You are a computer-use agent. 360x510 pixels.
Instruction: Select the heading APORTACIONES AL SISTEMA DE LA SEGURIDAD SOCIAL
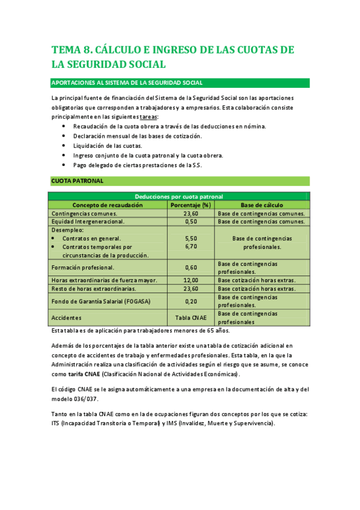tap(127, 83)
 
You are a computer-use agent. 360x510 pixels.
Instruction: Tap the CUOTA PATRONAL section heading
tap(78, 180)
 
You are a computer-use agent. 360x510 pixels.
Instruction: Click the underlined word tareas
tap(148, 117)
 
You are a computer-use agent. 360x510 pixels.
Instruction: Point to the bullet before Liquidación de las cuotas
tap(64, 146)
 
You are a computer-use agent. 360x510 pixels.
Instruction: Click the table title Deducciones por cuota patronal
tap(178, 197)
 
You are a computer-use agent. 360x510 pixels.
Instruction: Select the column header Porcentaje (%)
tap(191, 205)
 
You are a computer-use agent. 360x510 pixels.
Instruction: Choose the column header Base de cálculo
tap(262, 205)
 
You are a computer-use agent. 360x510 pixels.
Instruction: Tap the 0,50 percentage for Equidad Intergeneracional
tap(191, 221)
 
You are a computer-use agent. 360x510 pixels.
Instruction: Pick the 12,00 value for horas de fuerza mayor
tap(191, 280)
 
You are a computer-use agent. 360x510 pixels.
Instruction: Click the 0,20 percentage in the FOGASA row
tap(191, 301)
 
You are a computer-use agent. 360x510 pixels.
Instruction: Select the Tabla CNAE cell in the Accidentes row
tap(191, 318)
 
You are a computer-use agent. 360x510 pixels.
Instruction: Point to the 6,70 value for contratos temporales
tap(191, 247)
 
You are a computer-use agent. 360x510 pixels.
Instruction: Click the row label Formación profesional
tap(83, 267)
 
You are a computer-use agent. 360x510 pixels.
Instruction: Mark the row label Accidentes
tap(67, 318)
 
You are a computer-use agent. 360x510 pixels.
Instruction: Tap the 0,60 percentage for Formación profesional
tap(191, 267)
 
